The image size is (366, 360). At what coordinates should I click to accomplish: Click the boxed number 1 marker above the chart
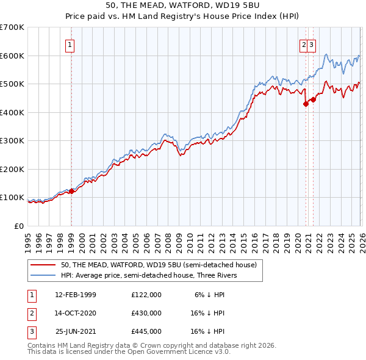pos(71,44)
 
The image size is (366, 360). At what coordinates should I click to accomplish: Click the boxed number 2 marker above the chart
pos(303,44)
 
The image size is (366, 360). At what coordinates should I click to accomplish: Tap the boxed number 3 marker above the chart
pos(311,44)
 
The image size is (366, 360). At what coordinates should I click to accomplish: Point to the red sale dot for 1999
pos(71,191)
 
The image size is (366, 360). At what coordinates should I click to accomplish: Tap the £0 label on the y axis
pos(19,226)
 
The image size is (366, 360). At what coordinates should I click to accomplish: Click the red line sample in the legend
pos(43,265)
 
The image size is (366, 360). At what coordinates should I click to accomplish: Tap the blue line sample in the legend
pos(43,275)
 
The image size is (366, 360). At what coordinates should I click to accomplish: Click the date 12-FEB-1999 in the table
pos(76,295)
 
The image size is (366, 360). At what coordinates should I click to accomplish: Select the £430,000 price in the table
pos(146,313)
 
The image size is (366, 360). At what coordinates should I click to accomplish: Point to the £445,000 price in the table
pos(146,331)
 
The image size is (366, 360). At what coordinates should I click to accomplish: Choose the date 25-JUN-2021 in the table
pos(76,331)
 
